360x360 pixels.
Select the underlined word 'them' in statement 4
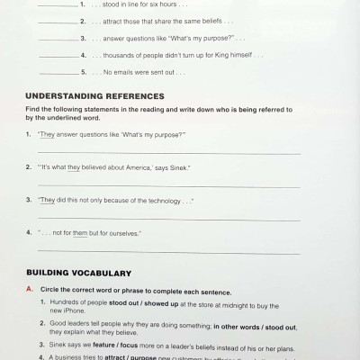[89, 232]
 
